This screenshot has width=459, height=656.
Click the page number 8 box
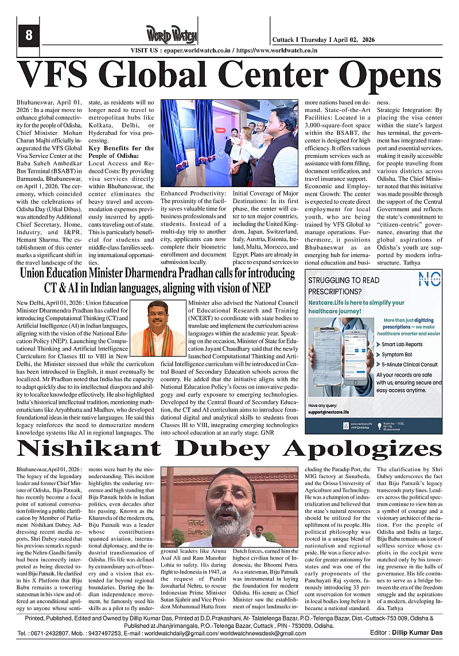28,36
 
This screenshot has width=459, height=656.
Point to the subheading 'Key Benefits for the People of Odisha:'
121,152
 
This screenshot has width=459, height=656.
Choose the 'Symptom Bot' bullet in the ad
394,355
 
